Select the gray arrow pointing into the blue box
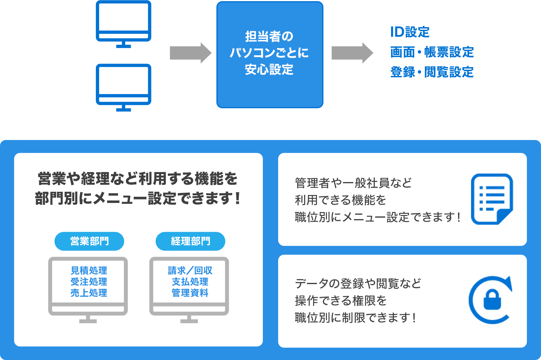click(x=191, y=53)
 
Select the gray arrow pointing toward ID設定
click(x=352, y=53)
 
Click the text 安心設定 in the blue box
click(x=269, y=70)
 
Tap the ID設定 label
click(x=410, y=32)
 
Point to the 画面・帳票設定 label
click(x=432, y=52)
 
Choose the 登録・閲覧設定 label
click(x=432, y=72)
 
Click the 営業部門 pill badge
click(x=89, y=241)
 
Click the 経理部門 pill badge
click(x=191, y=241)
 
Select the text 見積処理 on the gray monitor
click(x=89, y=270)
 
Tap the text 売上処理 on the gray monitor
click(x=89, y=293)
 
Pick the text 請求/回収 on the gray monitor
click(x=190, y=270)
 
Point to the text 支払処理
click(x=190, y=281)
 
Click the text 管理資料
click(x=190, y=293)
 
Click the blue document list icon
click(x=492, y=199)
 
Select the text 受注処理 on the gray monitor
click(x=89, y=281)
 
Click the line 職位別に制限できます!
click(x=355, y=318)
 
